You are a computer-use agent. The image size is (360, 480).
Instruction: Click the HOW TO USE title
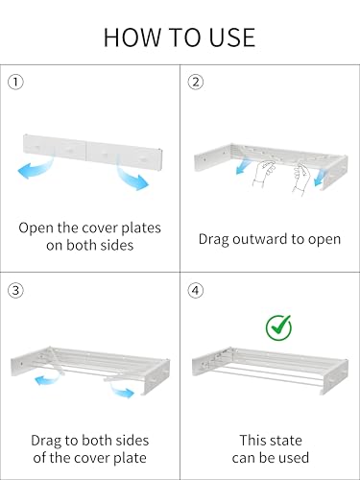(180, 37)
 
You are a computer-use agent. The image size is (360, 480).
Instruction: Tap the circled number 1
(14, 82)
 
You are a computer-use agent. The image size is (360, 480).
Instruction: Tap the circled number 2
(195, 82)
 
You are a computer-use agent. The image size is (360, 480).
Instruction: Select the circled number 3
(14, 288)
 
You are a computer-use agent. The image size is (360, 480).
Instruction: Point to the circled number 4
(195, 288)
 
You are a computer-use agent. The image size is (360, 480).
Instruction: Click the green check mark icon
(279, 328)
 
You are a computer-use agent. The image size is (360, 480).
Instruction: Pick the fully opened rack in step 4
(269, 370)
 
